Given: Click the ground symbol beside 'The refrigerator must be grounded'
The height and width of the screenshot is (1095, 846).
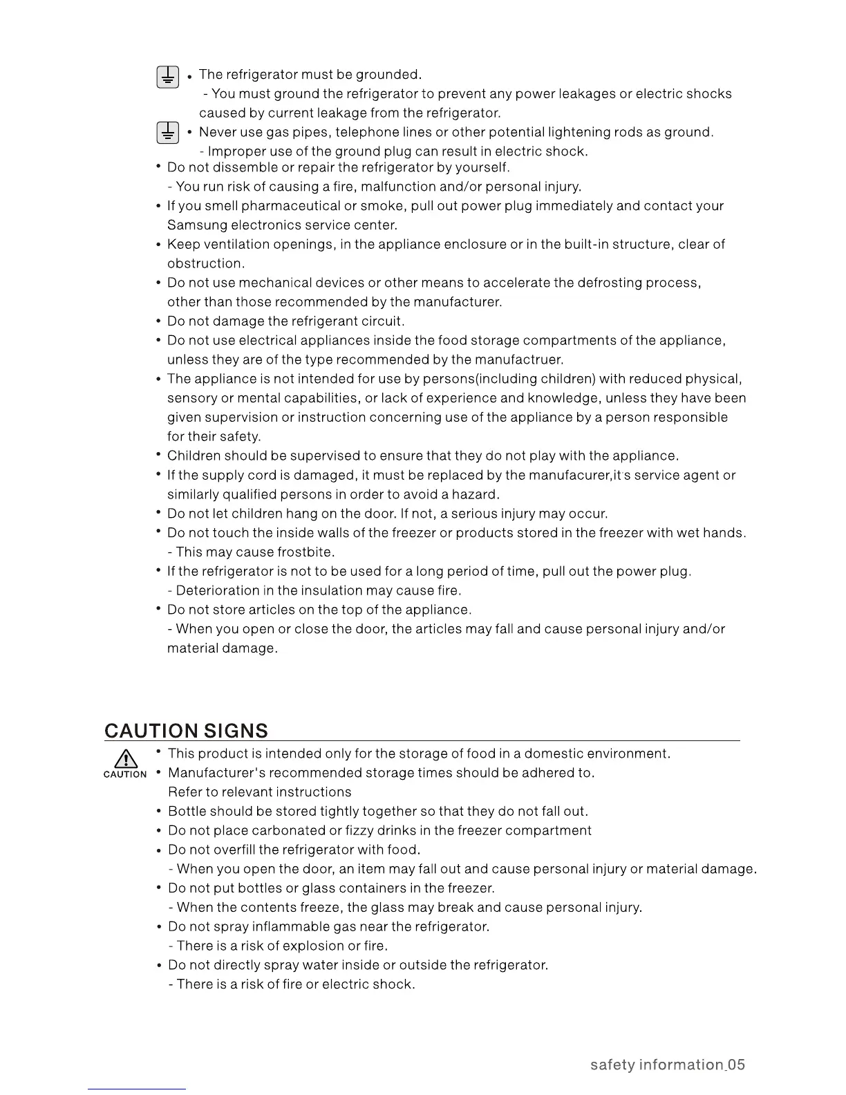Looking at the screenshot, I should tap(167, 77).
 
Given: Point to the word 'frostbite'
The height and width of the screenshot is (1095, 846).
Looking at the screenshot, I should tap(305, 552).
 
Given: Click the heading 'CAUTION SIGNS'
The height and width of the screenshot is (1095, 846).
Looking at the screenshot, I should tap(186, 731).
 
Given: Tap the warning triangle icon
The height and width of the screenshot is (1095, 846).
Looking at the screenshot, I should tap(125, 759).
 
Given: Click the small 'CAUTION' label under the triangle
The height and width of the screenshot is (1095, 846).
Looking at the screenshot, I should tap(125, 774).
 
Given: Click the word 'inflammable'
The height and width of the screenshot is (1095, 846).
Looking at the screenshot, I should tap(290, 927).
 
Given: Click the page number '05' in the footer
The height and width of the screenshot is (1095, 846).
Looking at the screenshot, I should tap(736, 1065).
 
